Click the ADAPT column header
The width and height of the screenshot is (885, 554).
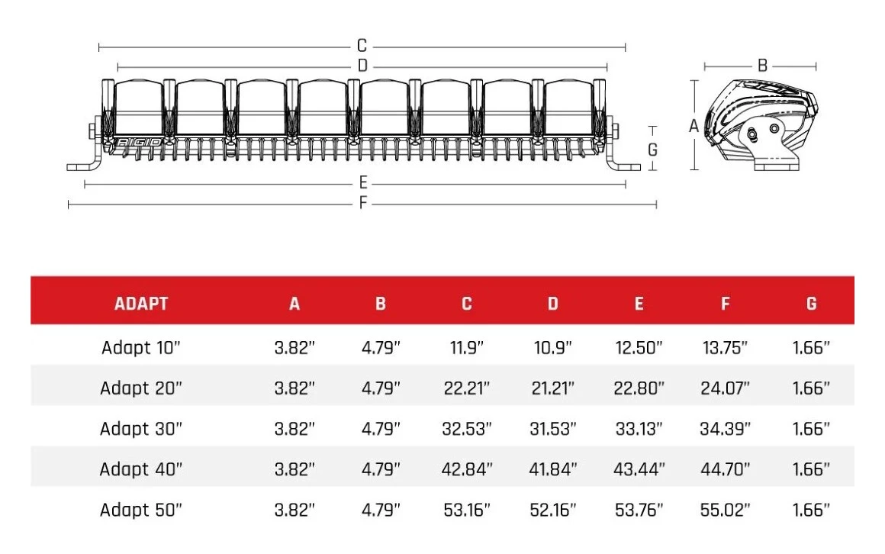[141, 304]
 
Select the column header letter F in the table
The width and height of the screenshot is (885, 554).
[725, 304]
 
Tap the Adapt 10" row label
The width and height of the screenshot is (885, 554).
[141, 348]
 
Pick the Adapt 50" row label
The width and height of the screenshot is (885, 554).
[141, 510]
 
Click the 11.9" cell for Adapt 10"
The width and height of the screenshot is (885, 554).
[466, 348]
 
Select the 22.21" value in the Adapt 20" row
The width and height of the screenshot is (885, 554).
[467, 388]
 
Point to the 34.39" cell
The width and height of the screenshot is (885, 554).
[725, 429]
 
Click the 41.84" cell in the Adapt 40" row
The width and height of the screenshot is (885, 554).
[553, 469]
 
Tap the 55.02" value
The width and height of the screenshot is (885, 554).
[725, 510]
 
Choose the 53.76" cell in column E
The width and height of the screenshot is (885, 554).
[639, 510]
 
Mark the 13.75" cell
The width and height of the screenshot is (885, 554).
[725, 348]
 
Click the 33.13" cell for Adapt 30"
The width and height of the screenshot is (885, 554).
[639, 429]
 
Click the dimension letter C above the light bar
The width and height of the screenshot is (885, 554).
[362, 47]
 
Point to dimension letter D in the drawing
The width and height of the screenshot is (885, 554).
[362, 66]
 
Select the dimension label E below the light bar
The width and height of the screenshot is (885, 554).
[363, 183]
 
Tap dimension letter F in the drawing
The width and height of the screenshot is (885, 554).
[363, 203]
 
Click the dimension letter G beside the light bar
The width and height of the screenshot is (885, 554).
[652, 150]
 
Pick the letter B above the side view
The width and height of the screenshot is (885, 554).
[761, 66]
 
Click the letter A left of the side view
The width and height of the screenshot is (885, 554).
[694, 127]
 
